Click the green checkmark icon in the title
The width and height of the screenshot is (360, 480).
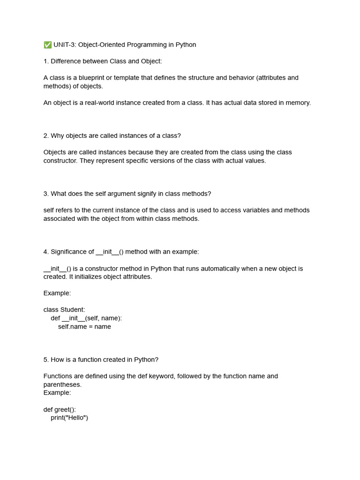47,45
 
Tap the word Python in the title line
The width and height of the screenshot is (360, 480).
186,45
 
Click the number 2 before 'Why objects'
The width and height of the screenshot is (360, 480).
45,136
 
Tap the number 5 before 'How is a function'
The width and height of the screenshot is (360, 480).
45,360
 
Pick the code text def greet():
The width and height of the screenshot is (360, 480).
60,410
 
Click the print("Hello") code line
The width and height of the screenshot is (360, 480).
69,418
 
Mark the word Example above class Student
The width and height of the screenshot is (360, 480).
57,293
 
